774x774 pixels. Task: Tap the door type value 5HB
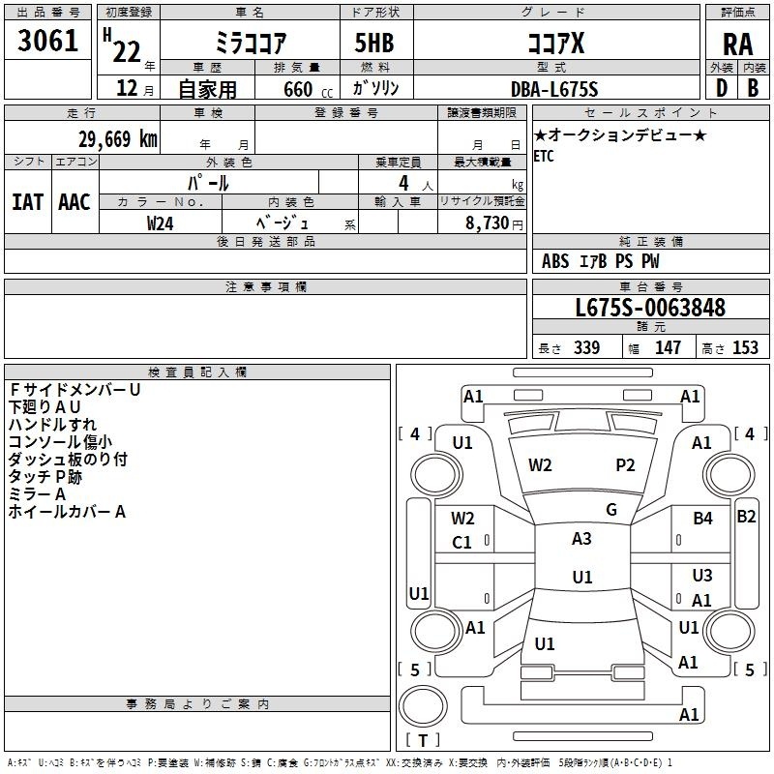tap(373, 42)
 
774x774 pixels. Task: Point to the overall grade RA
tap(737, 43)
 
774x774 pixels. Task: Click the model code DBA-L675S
tap(554, 89)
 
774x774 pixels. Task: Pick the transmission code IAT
tap(27, 201)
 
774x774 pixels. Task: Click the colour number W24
tap(161, 223)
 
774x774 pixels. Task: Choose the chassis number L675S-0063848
tap(649, 308)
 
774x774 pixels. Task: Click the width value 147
tap(668, 348)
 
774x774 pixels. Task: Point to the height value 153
tap(745, 348)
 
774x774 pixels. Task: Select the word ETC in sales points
tap(545, 157)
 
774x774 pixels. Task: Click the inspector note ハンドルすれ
tap(52, 424)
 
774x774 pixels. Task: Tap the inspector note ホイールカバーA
tap(67, 512)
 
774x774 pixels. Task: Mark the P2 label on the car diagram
tap(626, 465)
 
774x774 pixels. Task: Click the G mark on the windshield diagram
tap(611, 510)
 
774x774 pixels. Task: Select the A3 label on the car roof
tap(581, 539)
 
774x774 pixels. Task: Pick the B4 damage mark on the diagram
tap(702, 519)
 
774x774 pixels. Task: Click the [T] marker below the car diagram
tap(423, 740)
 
